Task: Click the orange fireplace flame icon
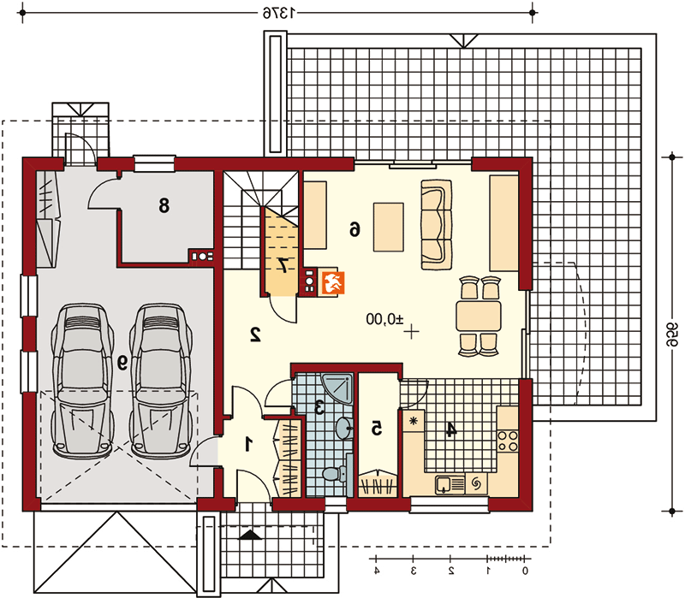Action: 333,282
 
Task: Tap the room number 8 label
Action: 164,204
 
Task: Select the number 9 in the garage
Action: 122,362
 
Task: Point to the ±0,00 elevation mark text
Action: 384,319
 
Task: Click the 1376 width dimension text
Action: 279,13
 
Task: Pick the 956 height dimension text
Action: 672,335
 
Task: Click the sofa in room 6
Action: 437,224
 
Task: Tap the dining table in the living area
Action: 479,316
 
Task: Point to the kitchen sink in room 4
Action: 450,485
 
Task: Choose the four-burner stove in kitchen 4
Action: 508,441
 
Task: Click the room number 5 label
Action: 376,429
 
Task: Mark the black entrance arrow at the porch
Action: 251,536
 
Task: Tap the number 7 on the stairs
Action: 283,265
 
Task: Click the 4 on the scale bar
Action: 377,571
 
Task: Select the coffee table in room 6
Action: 389,227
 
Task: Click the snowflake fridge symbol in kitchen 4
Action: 413,421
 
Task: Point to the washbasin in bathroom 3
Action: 344,427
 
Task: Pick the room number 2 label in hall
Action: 255,334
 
